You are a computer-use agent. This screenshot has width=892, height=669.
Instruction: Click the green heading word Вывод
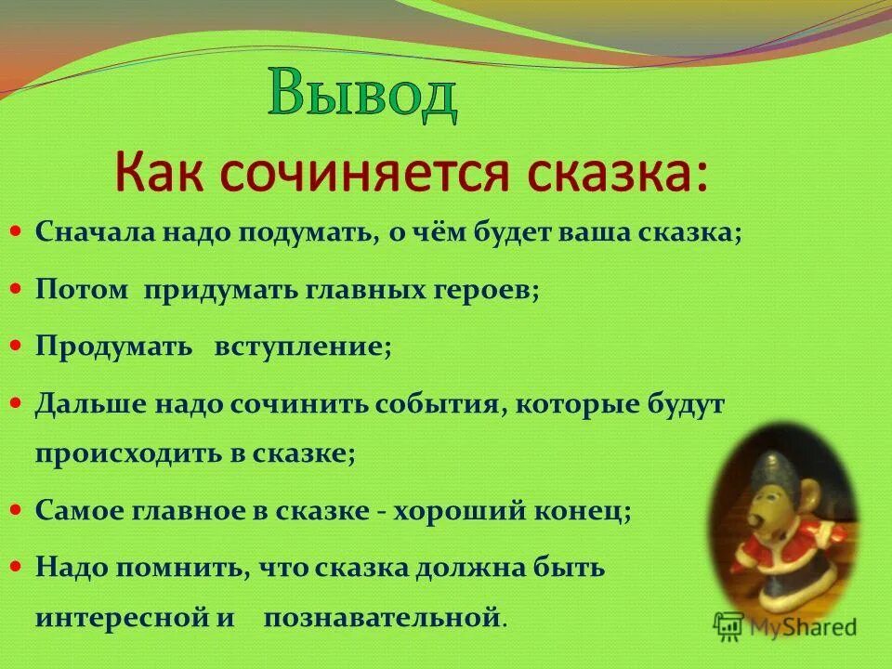[x=362, y=97]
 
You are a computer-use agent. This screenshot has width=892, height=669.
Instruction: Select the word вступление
[x=303, y=347]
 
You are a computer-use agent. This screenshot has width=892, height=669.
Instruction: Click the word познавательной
[x=383, y=616]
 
